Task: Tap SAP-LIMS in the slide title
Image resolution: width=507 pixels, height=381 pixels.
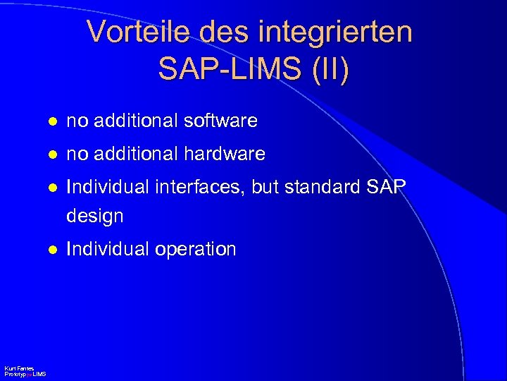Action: coord(230,68)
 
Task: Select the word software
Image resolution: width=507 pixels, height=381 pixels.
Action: coord(220,121)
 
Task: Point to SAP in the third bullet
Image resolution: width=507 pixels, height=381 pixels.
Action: coord(387,186)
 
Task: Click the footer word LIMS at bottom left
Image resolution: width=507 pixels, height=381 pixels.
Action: coord(39,374)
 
